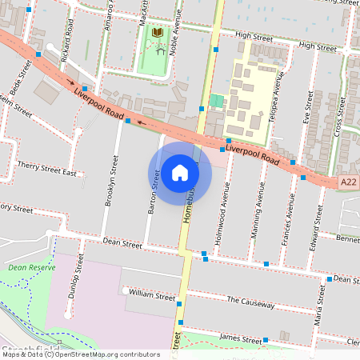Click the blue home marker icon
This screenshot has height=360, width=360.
tap(179, 173)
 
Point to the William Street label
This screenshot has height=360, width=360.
tap(151, 296)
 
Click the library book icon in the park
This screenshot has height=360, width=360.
tap(158, 32)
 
